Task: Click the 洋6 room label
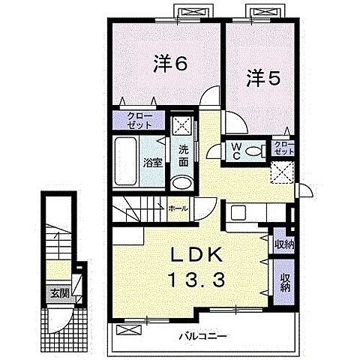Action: pos(170,63)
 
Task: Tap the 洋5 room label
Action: pos(263,78)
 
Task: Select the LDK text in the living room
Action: pos(196,255)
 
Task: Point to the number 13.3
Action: pos(197,280)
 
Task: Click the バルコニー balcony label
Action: pos(203,336)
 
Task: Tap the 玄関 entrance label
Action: pos(60,293)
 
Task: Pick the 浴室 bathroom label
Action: pos(153,163)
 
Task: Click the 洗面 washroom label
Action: pos(183,156)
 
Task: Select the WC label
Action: pos(235,151)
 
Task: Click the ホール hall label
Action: pos(178,208)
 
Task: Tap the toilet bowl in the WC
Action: pos(253,151)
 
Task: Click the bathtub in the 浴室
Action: pos(125,161)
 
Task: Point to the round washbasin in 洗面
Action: pos(182,182)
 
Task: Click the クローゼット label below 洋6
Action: pos(139,120)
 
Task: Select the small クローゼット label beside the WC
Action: pos(283,148)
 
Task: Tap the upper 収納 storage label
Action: pos(284,244)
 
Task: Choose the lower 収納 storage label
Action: pos(284,283)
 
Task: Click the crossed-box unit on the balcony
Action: pos(129,329)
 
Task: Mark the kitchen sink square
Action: pos(238,212)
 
